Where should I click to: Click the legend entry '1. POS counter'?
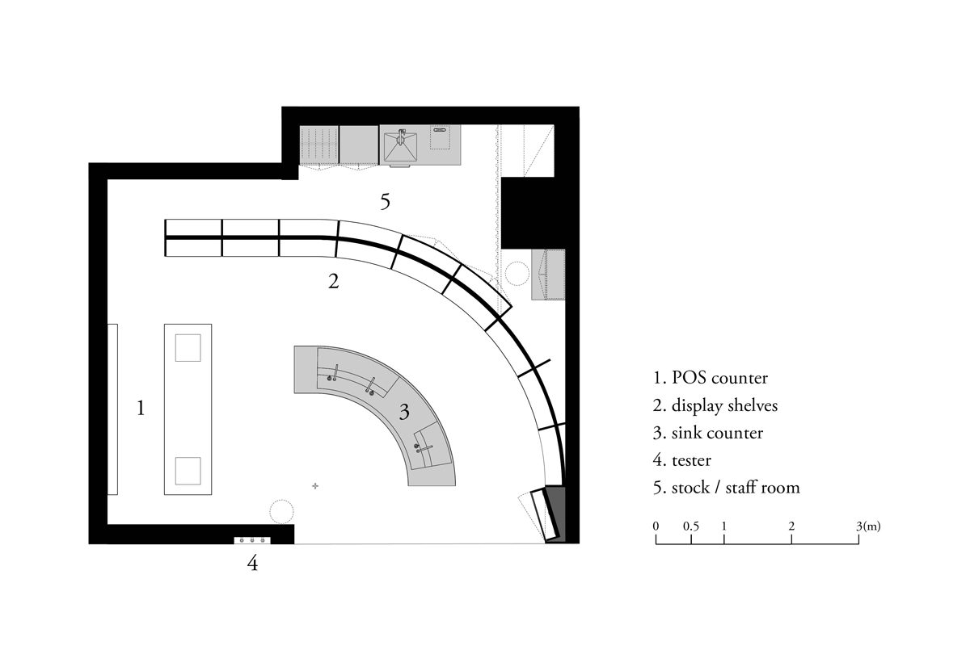pos(711,377)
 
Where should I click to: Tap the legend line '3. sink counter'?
pos(709,433)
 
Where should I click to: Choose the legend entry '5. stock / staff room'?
pos(727,488)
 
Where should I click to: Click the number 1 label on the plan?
pos(141,409)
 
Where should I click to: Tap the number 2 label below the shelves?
pos(333,283)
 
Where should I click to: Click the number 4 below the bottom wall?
pos(252,564)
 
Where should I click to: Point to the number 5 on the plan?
pos(386,202)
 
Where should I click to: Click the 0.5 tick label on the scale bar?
pos(691,526)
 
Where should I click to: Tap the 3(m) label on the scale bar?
pos(869,526)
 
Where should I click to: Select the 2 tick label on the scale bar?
pos(791,526)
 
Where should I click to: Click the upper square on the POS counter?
pos(188,348)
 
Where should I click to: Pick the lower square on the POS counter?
pos(188,471)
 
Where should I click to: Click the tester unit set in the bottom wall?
pos(251,539)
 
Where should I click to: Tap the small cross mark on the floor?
pos(315,485)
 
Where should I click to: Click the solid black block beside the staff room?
pos(526,212)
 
